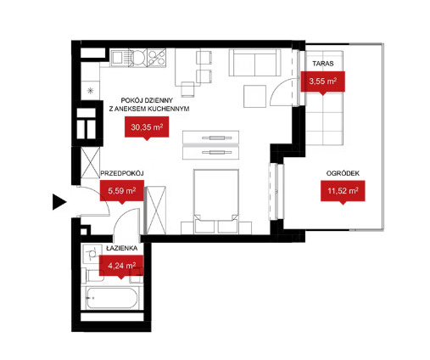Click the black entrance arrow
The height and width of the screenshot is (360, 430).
pos(59,202)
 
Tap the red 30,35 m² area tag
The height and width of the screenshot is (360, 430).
pos(147,128)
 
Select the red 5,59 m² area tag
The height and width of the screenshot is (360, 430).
pos(122,192)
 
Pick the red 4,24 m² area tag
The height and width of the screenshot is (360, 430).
pos(121,267)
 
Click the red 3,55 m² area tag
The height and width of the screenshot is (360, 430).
pos(322,82)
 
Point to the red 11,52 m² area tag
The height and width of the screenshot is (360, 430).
pos(343,192)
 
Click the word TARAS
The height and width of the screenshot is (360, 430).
pos(323,64)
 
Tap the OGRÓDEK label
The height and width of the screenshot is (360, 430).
pos(343,173)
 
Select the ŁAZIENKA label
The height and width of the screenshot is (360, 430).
pos(121,248)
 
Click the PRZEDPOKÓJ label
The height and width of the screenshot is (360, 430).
pos(122,173)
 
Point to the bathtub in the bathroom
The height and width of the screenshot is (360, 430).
pos(112,298)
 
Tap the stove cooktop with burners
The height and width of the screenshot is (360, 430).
pos(156,58)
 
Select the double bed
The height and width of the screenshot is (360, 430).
pos(216,201)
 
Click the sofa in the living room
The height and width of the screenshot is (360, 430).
pos(254,63)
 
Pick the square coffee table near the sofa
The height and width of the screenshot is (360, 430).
pos(254,96)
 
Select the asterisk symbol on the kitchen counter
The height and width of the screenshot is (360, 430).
pos(91,91)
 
